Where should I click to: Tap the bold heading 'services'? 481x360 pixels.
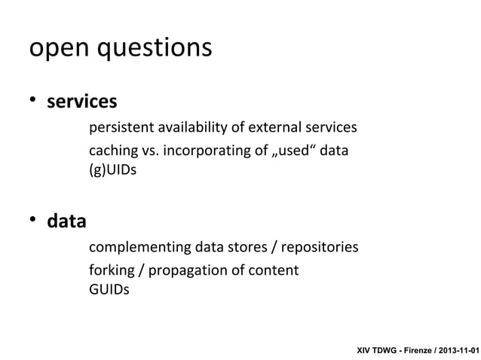click(x=82, y=100)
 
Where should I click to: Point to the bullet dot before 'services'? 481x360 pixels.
click(x=33, y=101)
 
